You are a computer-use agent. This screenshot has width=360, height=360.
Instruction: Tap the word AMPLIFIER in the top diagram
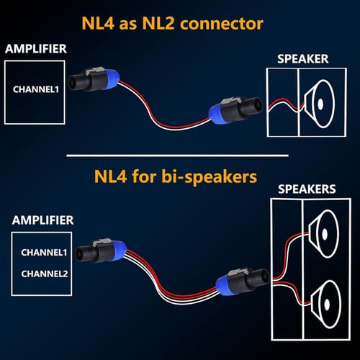pos(36,49)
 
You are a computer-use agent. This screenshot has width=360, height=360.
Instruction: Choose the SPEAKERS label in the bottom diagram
pos(306,189)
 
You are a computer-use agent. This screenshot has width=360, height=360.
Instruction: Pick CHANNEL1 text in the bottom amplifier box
pos(43,253)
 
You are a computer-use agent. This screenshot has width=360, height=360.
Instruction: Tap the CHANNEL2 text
pos(43,274)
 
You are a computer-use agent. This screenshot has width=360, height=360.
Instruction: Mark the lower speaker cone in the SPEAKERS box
pos(328,297)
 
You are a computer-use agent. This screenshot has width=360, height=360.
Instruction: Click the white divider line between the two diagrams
pos(176,155)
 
